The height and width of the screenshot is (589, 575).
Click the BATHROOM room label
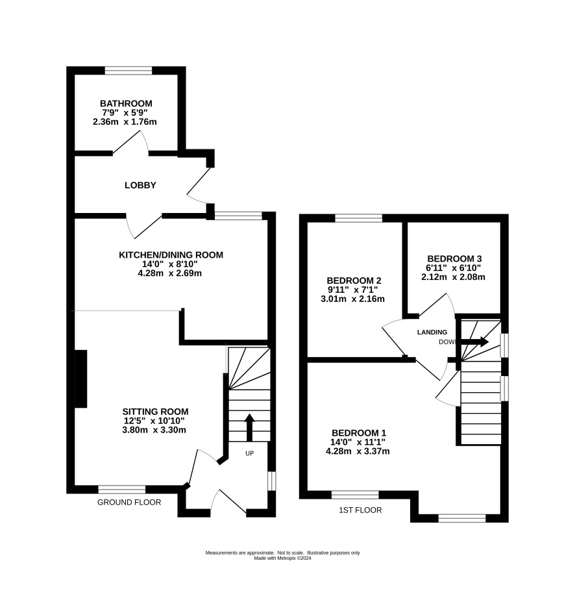tap(126, 103)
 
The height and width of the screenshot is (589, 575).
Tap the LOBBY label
tap(140, 185)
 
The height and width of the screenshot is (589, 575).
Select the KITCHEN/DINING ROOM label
tap(171, 255)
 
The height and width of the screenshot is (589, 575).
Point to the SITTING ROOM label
tap(155, 412)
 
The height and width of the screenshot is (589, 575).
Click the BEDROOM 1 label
tap(359, 433)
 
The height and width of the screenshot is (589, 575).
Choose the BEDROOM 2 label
tap(354, 281)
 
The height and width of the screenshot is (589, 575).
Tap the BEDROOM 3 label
tap(454, 259)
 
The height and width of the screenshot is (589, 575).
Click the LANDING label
tap(432, 332)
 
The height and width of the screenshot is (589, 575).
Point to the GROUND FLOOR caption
tap(129, 502)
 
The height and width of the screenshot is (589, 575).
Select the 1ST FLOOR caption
tap(360, 510)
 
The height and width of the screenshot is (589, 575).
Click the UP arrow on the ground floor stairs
tap(250, 427)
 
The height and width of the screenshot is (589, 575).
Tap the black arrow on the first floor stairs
tap(475, 342)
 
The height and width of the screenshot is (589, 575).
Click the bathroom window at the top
tap(128, 71)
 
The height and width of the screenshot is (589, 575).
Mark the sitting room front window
tap(121, 490)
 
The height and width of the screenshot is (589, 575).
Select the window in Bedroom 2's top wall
tap(358, 218)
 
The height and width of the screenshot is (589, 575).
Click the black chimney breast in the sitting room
tap(81, 379)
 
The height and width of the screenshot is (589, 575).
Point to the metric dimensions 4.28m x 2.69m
tap(169, 273)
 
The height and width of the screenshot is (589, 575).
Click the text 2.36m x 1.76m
tap(125, 122)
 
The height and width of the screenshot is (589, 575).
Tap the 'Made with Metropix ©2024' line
tap(282, 558)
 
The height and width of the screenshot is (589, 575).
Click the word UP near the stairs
tap(250, 453)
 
